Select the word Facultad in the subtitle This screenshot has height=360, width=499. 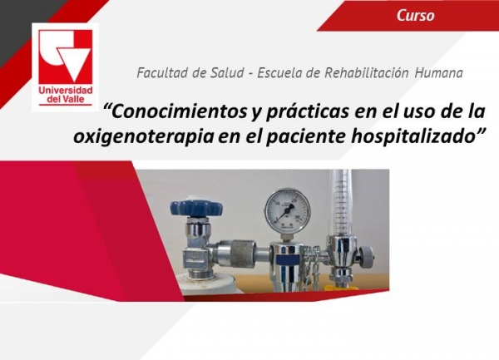pos(162,72)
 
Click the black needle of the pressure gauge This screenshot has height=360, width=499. pos(285,211)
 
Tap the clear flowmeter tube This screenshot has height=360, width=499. pos(339,200)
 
